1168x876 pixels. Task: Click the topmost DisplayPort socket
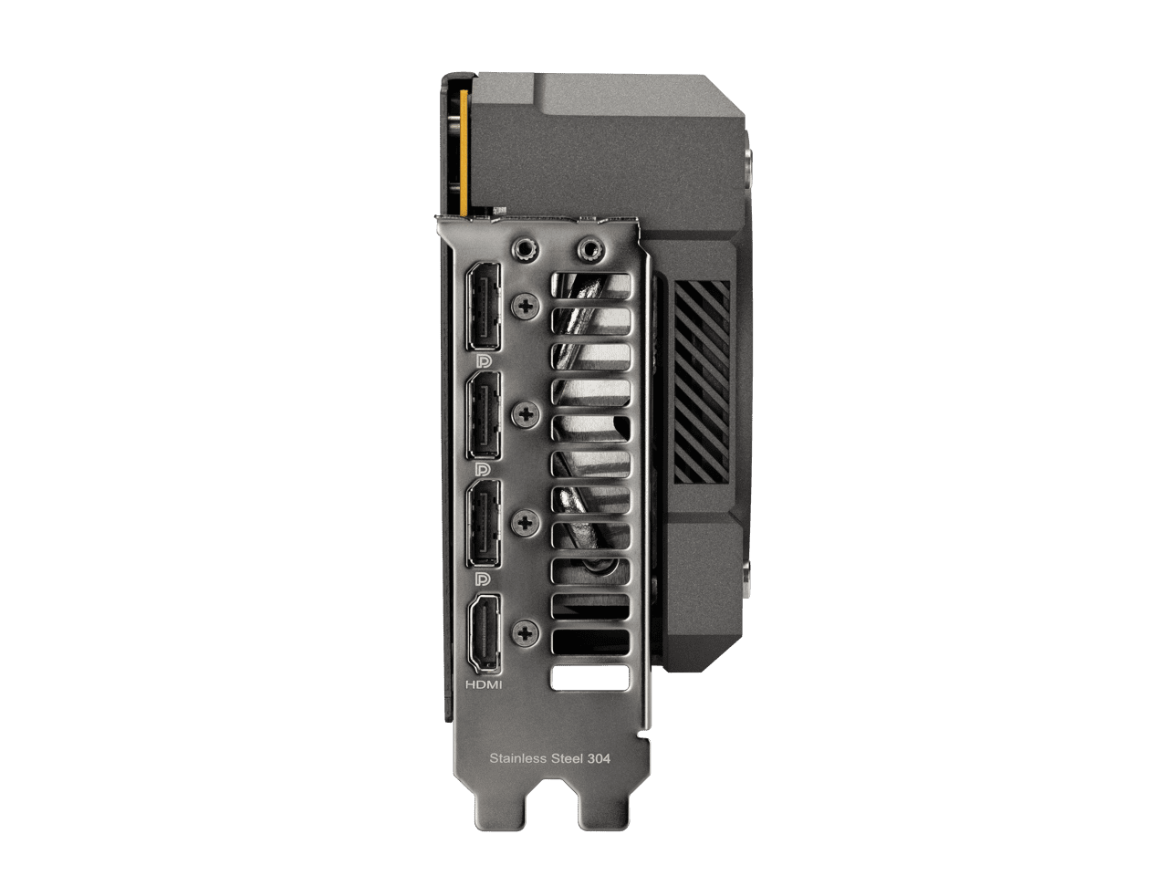click(x=483, y=307)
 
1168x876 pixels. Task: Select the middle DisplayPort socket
click(x=483, y=415)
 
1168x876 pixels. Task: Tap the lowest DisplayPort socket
click(x=483, y=525)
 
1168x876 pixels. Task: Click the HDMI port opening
click(x=483, y=635)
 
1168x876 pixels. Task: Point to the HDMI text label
click(x=484, y=684)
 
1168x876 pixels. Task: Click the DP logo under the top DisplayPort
click(x=483, y=361)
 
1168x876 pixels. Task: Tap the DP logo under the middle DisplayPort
click(x=483, y=469)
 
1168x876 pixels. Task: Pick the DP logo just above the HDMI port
click(x=483, y=579)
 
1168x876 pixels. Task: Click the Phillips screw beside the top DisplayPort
click(x=526, y=306)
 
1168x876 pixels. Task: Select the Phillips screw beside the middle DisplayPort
click(x=526, y=414)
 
